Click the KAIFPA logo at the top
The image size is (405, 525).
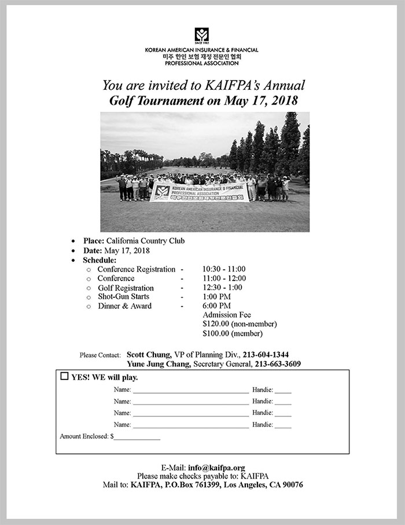pos(202,35)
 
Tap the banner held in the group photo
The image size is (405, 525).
pos(199,192)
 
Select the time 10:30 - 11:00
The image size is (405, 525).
pos(224,269)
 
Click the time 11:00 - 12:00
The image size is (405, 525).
pos(224,279)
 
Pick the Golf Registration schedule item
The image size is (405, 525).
pos(126,288)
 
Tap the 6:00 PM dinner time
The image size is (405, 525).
pos(216,306)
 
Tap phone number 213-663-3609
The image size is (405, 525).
pos(277,364)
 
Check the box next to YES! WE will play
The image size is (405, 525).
pos(65,377)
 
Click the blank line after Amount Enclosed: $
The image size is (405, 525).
pos(137,437)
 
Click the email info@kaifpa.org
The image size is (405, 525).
pos(216,467)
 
